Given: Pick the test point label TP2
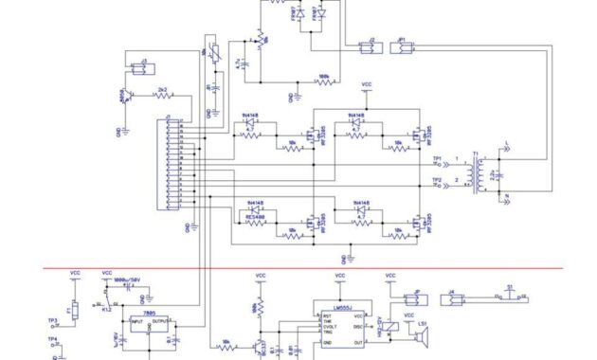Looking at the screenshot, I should pyautogui.click(x=437, y=180).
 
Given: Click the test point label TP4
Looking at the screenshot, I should pyautogui.click(x=53, y=339).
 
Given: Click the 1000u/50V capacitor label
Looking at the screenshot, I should pyautogui.click(x=126, y=280).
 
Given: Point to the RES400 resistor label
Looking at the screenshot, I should pyautogui.click(x=255, y=217).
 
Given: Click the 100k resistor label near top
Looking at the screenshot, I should pyautogui.click(x=325, y=77).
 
